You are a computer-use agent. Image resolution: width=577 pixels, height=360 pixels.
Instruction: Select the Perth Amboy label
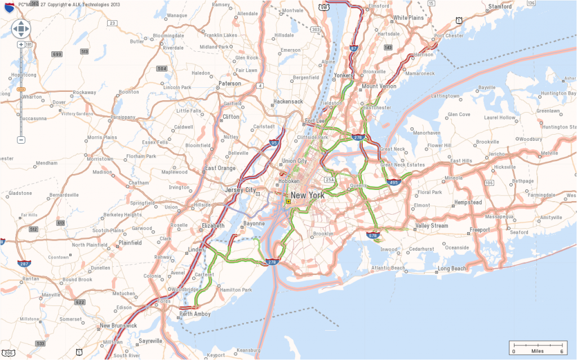click(194, 314)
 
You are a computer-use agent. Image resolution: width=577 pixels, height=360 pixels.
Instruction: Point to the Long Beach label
click(452, 269)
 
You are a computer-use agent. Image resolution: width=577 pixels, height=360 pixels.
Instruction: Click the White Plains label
click(408, 18)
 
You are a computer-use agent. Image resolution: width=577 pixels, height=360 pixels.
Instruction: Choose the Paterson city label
click(229, 84)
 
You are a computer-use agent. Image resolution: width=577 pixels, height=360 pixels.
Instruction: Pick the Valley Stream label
click(432, 226)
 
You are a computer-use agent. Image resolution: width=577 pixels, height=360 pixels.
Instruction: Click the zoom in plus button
click(21, 45)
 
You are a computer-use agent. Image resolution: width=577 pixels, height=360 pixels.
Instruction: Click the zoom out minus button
click(21, 140)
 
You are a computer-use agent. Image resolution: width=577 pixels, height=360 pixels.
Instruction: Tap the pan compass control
click(21, 28)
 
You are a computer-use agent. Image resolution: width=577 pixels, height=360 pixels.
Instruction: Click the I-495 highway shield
click(394, 182)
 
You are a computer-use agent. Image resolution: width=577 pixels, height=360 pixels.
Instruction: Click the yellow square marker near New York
click(288, 201)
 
